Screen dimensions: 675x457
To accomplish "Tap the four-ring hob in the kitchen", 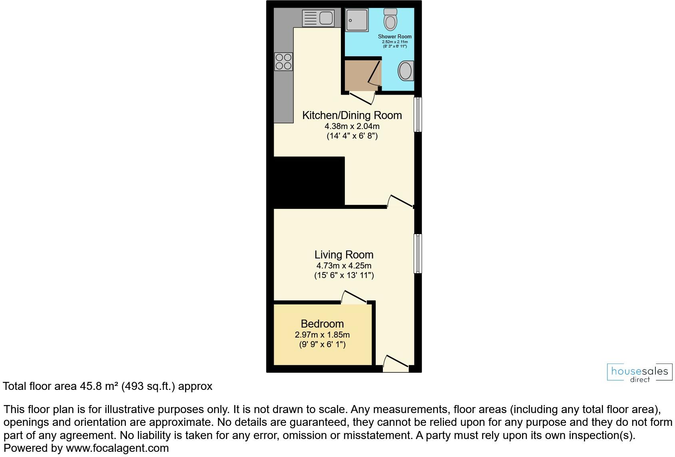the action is pos(283,62).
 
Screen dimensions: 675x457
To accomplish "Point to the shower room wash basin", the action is pos(405,71).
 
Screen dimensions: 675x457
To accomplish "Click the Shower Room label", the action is pos(394,36).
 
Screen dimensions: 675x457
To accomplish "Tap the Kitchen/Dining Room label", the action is pos(352,115).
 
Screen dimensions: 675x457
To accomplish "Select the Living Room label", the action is pos(344,255).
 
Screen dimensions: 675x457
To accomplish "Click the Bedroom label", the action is pos(322,324).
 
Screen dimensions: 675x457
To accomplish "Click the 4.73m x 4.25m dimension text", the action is pos(344,266).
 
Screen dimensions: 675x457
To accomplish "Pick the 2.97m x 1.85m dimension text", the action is pos(322,335).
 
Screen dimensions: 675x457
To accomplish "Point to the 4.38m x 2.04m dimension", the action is pos(352,126).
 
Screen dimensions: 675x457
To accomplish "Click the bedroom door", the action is pos(354,298).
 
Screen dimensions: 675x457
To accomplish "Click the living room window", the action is pos(418,254).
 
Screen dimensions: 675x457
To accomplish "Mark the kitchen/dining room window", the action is pos(418,114).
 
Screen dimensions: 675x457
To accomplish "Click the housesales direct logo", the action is pos(639,373).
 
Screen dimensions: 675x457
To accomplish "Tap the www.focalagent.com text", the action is pos(117,448).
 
